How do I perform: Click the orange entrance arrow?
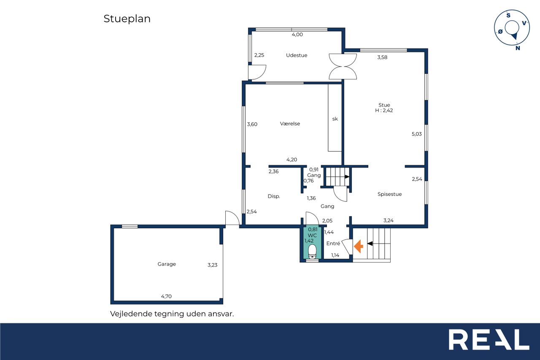coord(359,246)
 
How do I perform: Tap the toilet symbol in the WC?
coord(312,252)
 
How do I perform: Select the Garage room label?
coord(167,264)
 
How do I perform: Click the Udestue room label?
coord(297,55)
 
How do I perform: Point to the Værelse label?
coord(290,124)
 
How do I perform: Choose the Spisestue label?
coord(389,194)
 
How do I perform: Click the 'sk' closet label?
coord(335,119)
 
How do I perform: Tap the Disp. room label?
coord(274,196)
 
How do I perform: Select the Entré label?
coord(333,243)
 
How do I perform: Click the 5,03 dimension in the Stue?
coord(416,134)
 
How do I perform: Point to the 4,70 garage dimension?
coord(166,296)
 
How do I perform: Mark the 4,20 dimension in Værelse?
coord(292,160)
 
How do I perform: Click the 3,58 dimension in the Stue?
coord(382,57)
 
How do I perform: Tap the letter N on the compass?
coord(518,48)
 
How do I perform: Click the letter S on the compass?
coord(508,16)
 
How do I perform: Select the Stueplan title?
coord(127,19)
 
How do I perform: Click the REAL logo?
coord(489,339)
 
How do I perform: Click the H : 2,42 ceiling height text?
coord(384,111)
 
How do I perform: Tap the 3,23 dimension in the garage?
coord(212,265)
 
